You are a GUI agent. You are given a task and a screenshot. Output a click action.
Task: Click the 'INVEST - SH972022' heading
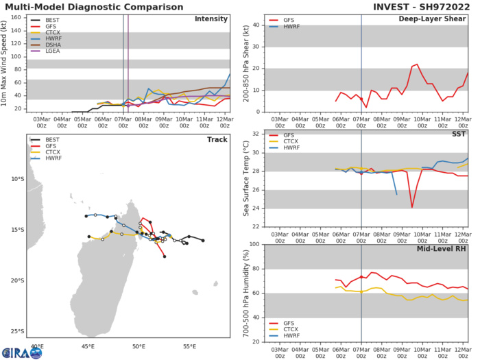click(423, 7)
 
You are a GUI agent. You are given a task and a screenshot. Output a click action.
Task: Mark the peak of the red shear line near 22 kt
click(416, 64)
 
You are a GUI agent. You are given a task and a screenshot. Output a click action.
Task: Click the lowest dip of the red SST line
click(412, 207)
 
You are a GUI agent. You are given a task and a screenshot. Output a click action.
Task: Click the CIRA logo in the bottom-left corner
click(22, 352)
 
